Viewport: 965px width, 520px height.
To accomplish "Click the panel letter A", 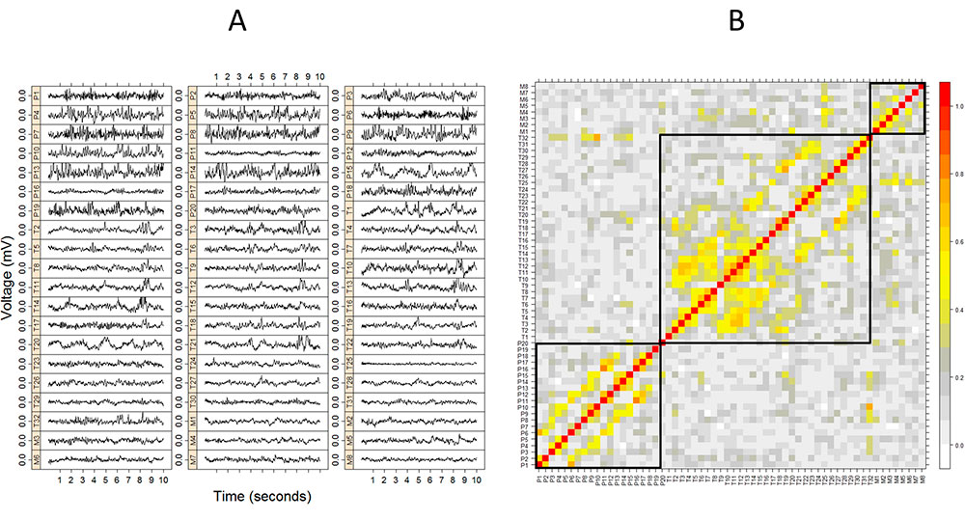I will point(238,21).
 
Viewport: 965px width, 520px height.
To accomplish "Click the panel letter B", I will point(736,20).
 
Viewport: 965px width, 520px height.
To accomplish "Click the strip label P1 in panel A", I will point(36,96).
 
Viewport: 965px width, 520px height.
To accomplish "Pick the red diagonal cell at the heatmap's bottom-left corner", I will point(539,465).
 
